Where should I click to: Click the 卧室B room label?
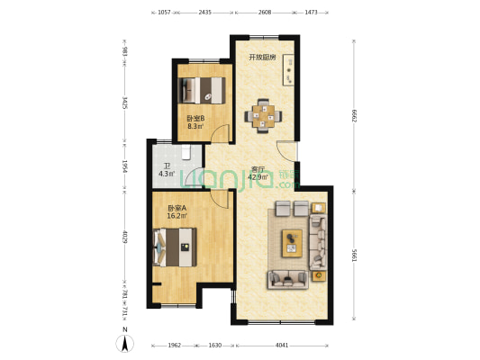pos(195,118)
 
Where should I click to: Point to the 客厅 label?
pos(258,169)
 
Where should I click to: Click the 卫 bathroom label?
pos(167,166)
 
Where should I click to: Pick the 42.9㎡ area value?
pos(259,177)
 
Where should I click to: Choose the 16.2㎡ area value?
pos(177,216)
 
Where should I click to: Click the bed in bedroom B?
pos(203,90)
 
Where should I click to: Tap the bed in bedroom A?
pos(176,247)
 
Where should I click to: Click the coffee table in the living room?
pos(293,239)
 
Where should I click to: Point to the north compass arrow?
pos(127,342)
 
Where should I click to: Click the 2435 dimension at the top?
pos(205,13)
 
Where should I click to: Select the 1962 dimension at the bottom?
pos(175,345)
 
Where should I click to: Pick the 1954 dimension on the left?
pos(127,166)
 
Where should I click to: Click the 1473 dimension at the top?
pos(310,13)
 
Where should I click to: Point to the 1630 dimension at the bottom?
pos(215,345)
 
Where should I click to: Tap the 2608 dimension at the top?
pos(265,13)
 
